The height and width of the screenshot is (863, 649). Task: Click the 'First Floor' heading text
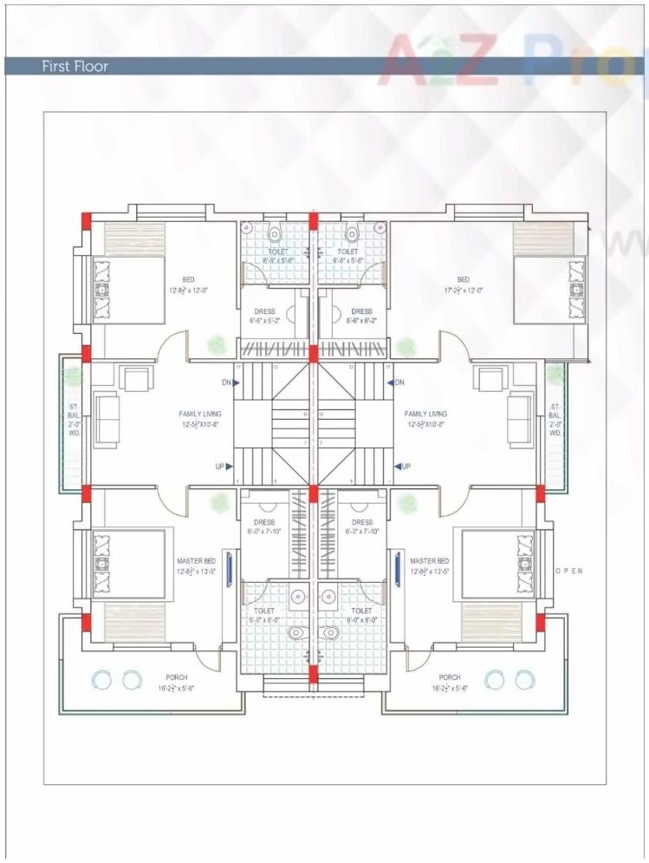[75, 66]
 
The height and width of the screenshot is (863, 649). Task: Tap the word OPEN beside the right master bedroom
[568, 571]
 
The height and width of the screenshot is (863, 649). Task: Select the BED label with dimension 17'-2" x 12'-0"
[463, 284]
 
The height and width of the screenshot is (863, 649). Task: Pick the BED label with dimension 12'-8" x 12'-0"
[188, 284]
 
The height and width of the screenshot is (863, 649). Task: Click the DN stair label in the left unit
[227, 382]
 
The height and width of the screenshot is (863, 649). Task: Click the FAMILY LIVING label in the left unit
[199, 419]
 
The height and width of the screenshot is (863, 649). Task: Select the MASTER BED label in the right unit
[429, 566]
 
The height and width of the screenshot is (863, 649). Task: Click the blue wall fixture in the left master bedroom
[229, 568]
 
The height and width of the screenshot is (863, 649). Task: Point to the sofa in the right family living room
[521, 419]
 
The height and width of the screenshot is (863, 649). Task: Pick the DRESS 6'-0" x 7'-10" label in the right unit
[362, 526]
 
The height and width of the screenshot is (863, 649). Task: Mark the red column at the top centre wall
[313, 216]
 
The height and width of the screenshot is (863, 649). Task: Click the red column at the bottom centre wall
[313, 675]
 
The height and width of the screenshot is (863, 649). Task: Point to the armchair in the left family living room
[135, 380]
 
